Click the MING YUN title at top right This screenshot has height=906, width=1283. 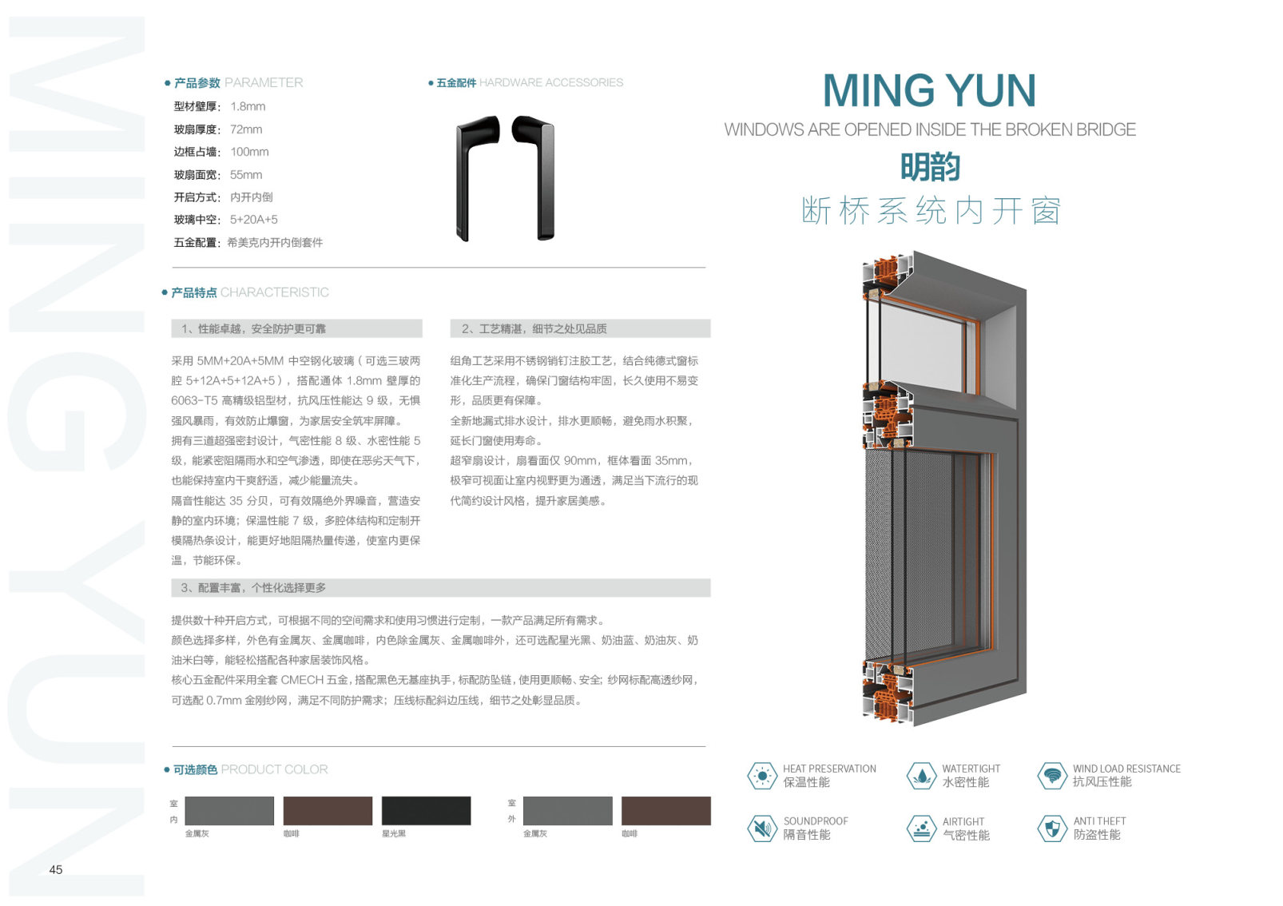(929, 90)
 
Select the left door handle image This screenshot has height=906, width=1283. (476, 176)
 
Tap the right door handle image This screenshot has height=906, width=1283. (535, 176)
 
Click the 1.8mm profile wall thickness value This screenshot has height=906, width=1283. (248, 106)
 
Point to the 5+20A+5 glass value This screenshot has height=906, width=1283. (254, 220)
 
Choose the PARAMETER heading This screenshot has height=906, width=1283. (264, 82)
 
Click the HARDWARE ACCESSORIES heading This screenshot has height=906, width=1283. (550, 82)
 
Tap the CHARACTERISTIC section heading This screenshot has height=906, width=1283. (274, 292)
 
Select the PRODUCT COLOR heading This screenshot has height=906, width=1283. (274, 769)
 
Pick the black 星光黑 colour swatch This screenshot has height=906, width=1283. (426, 811)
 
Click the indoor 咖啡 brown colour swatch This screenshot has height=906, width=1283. (328, 811)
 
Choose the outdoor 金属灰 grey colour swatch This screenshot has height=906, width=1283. (567, 811)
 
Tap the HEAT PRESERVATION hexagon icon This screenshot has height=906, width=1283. (762, 776)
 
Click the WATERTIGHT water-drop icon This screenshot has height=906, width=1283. (922, 776)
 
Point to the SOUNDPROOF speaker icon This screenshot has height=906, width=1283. (762, 829)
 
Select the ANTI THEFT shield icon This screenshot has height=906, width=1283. (1052, 829)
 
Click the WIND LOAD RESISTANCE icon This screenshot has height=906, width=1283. (1052, 776)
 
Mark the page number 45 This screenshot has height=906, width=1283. (56, 869)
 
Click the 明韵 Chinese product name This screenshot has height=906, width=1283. (930, 168)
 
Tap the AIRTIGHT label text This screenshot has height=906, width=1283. (963, 821)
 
